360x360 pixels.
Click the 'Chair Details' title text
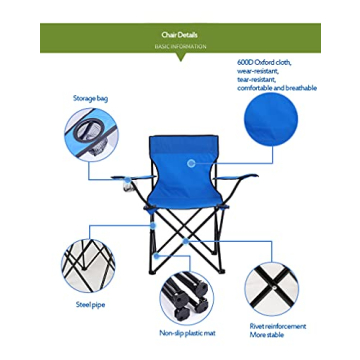pos(180,34)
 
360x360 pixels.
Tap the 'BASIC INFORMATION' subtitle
pos(180,46)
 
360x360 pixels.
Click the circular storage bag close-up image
pos(90,133)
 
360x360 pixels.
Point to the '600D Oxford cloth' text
pos(264,62)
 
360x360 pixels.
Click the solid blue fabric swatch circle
pos(270,121)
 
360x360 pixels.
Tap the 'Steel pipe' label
pos(90,304)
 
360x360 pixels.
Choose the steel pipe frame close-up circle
pos(88,262)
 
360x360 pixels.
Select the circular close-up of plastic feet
pos(187,297)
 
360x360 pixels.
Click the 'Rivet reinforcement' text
pos(278,325)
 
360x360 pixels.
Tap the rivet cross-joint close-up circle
pos(272,288)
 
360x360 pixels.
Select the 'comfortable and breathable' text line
pos(276,88)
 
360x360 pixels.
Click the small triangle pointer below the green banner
pos(180,57)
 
